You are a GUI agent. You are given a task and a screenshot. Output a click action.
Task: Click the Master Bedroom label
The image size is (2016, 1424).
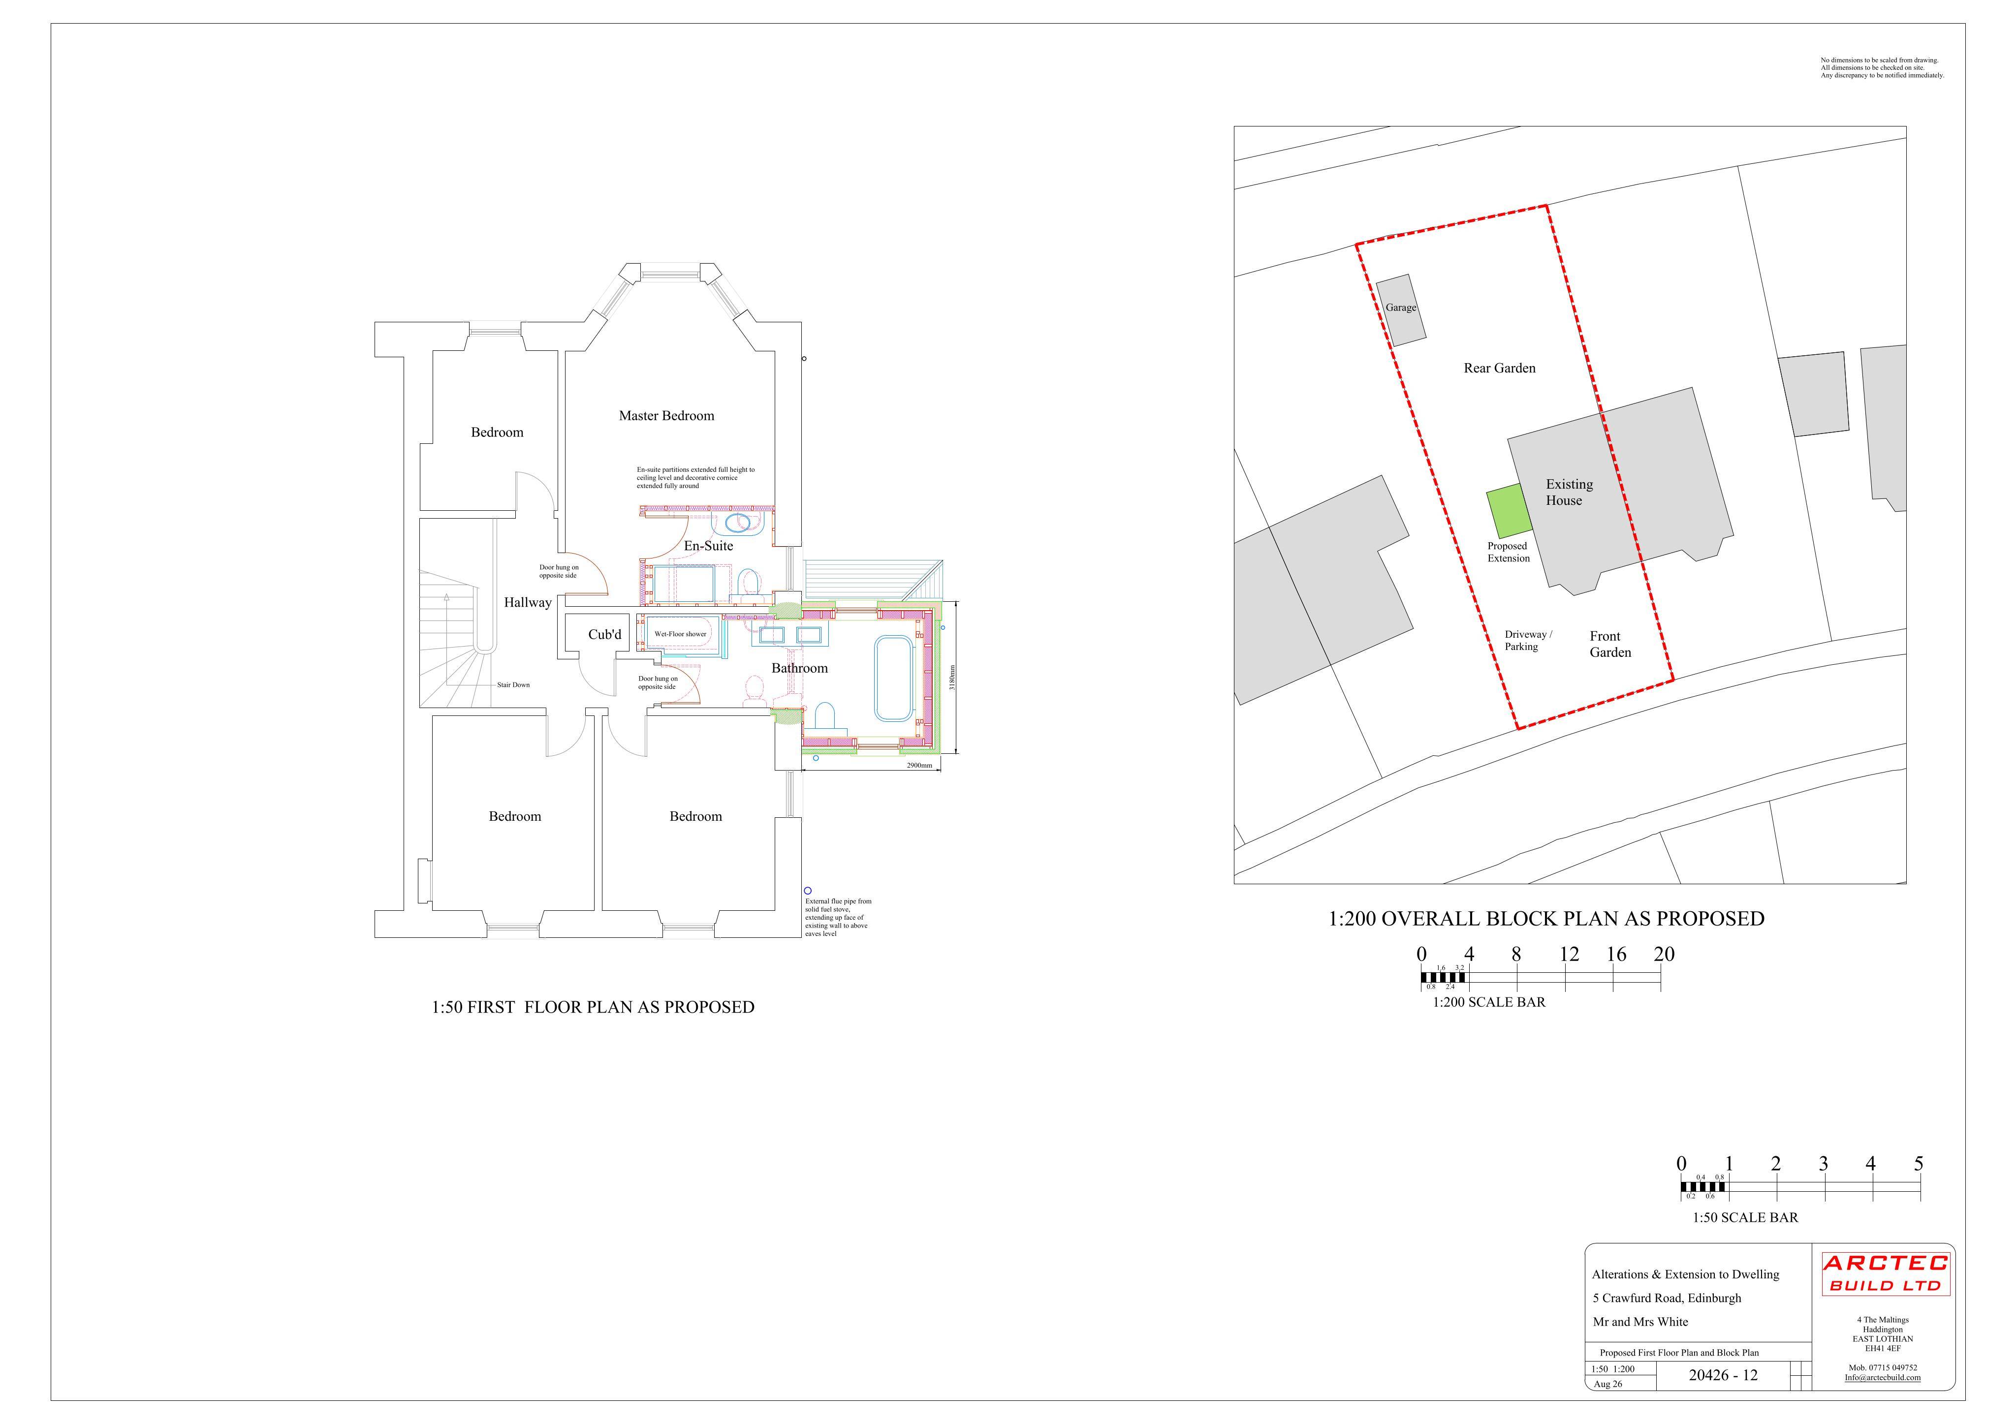666,416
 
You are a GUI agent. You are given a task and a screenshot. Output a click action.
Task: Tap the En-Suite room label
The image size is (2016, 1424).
709,546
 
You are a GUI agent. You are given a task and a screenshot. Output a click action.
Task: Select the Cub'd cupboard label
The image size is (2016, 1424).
605,635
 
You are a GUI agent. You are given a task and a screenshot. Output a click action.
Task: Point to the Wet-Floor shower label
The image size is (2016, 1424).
681,634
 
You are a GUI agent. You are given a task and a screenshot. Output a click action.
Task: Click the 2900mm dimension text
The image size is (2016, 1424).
919,766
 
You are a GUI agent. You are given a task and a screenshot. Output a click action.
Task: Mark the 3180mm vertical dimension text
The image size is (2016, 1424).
953,677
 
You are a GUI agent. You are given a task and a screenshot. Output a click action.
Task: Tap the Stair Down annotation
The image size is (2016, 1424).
514,685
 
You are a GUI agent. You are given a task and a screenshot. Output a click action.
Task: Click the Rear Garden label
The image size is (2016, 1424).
1500,369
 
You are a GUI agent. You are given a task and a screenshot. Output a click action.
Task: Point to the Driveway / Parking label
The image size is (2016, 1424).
1529,641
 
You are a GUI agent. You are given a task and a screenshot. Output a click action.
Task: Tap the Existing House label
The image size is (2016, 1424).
1569,493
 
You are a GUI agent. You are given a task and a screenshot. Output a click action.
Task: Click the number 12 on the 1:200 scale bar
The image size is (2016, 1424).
1569,954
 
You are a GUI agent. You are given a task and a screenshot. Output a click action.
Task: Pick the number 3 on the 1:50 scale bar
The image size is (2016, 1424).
1824,1164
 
